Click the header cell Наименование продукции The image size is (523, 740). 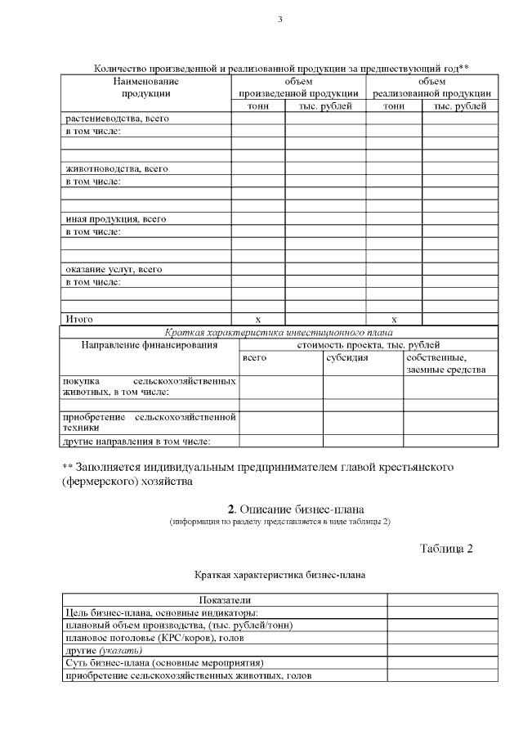pos(145,87)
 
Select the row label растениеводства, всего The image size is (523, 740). pos(116,119)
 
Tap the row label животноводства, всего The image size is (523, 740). pos(116,169)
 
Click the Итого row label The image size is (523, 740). pos(79,319)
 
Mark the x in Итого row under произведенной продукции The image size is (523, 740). pos(257,320)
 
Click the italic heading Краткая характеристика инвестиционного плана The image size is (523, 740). pos(279,333)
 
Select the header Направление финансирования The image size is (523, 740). pos(150,345)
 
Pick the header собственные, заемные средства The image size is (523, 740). pos(446,364)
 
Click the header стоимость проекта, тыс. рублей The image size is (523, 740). pos(368,345)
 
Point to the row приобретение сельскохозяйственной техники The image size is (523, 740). pos(150,422)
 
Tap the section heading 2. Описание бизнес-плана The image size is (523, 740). pos(279,511)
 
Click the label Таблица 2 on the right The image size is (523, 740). pos(446,548)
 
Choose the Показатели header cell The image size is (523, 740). pos(224,601)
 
